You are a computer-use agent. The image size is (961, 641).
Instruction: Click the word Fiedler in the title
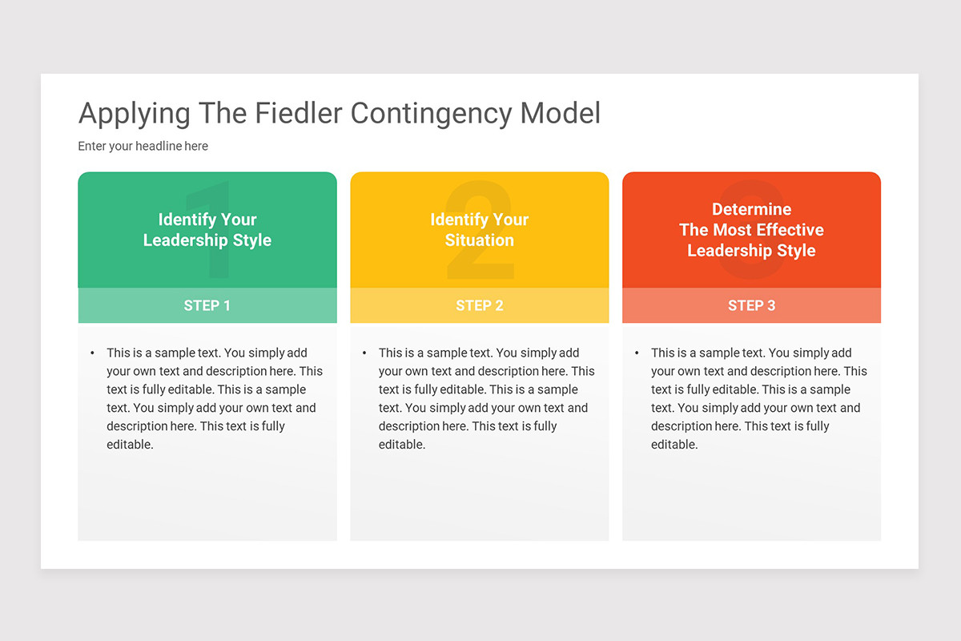click(298, 113)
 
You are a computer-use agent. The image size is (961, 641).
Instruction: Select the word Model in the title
click(561, 113)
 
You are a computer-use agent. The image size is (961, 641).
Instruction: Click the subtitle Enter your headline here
click(143, 146)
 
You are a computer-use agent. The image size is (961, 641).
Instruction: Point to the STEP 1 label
click(207, 305)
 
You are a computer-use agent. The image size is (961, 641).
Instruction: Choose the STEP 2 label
click(480, 305)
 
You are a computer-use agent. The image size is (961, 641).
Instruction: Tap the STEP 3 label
click(752, 305)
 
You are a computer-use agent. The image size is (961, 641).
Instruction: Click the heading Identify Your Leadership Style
click(207, 230)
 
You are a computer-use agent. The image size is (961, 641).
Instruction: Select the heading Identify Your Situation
click(480, 230)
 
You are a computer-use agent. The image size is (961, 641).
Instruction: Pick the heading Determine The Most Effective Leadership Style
click(752, 230)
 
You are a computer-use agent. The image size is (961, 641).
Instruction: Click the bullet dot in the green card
click(93, 353)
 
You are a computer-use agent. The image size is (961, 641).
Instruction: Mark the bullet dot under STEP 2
click(365, 353)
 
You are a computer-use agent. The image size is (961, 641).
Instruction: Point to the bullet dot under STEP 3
click(637, 353)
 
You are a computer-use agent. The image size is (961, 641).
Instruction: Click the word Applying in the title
click(135, 113)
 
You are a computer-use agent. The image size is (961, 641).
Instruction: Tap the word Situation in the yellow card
click(480, 240)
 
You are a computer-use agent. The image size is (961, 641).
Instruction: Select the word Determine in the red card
click(752, 209)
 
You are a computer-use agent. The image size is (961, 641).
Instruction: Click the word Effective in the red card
click(786, 230)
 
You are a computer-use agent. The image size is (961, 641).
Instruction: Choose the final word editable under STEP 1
click(130, 445)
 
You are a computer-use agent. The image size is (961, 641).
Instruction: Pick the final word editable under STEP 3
click(674, 445)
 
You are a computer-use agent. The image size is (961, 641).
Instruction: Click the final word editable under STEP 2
click(402, 445)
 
